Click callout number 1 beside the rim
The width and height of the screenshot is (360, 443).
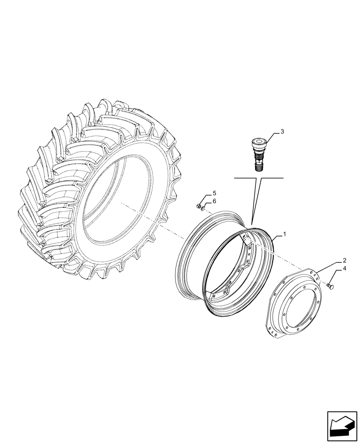pyautogui.click(x=284, y=233)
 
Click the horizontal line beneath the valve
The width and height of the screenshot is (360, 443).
pyautogui.click(x=258, y=178)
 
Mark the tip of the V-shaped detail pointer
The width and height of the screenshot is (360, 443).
pyautogui.click(x=251, y=226)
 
